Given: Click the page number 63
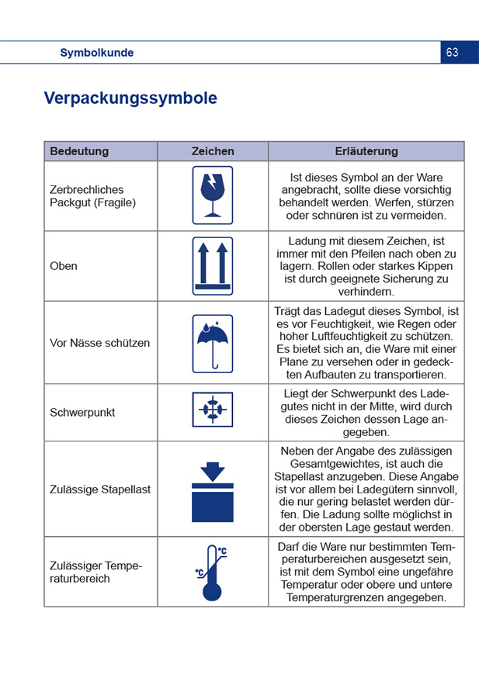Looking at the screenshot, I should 453,53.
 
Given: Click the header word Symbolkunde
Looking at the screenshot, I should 97,53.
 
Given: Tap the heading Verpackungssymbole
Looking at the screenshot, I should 130,99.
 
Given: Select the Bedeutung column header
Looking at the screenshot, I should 79,151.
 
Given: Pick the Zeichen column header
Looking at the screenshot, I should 213,151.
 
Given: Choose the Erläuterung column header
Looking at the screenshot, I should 366,151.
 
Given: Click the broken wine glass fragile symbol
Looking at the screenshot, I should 213,195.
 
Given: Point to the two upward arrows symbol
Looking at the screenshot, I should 213,265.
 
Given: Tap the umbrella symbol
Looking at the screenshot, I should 213,342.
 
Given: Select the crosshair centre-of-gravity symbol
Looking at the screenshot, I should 213,410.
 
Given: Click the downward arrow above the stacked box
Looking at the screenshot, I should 213,472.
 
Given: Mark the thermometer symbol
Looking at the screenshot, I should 211,572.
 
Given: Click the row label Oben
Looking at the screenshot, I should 64,266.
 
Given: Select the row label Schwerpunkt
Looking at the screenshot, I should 82,413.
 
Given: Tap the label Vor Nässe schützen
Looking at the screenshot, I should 100,343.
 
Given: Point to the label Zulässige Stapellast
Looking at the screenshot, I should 100,489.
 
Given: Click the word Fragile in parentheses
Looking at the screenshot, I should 115,202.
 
